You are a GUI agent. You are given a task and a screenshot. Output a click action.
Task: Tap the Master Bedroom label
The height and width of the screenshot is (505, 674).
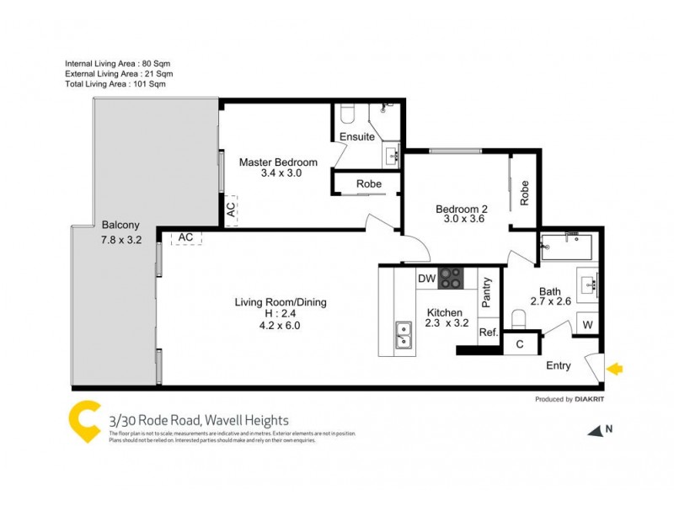tap(278, 162)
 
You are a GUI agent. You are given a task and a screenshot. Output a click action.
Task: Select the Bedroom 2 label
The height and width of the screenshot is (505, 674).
tap(461, 210)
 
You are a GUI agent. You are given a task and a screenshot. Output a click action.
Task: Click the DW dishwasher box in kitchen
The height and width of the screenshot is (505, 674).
tap(426, 279)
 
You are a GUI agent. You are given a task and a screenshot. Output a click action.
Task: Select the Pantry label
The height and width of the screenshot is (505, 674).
tap(486, 296)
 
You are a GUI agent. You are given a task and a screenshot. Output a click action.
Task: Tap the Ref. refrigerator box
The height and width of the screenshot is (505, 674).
tap(488, 332)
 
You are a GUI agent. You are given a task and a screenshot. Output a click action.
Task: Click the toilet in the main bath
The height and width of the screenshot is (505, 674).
tap(520, 318)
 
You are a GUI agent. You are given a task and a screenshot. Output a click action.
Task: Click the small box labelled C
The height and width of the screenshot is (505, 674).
tap(520, 343)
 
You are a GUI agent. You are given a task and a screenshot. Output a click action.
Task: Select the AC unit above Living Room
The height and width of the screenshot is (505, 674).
tap(186, 237)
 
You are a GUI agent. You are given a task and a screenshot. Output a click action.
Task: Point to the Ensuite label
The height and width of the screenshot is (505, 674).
tap(357, 137)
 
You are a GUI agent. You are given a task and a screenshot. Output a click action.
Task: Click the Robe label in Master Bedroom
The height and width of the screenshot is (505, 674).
tap(368, 183)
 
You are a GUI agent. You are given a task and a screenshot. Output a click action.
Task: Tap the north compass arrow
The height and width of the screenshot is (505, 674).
tap(596, 430)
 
